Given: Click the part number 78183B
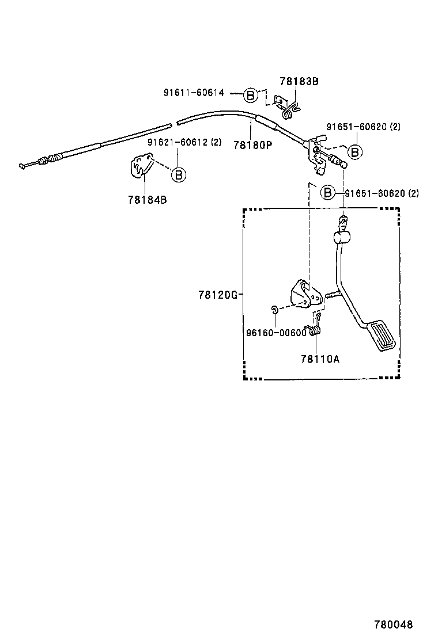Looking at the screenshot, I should click(x=299, y=81).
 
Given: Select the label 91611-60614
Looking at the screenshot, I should click(x=193, y=93).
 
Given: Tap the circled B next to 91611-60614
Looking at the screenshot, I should click(x=250, y=95).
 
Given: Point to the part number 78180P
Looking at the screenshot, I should click(x=252, y=145).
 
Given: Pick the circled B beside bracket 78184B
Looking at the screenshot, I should click(x=179, y=174).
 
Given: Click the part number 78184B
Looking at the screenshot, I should click(x=147, y=200).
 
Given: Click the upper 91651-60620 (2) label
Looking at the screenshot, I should click(x=363, y=127).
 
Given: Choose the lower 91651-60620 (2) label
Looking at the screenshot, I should click(x=382, y=193).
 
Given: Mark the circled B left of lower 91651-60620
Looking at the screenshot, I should click(x=328, y=192).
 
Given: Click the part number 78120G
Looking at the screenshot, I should click(x=218, y=295).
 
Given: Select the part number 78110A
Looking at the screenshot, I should click(x=320, y=358).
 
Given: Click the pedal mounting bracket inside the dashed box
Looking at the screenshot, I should click(x=304, y=295).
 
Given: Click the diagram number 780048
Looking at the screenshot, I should click(x=394, y=624).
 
